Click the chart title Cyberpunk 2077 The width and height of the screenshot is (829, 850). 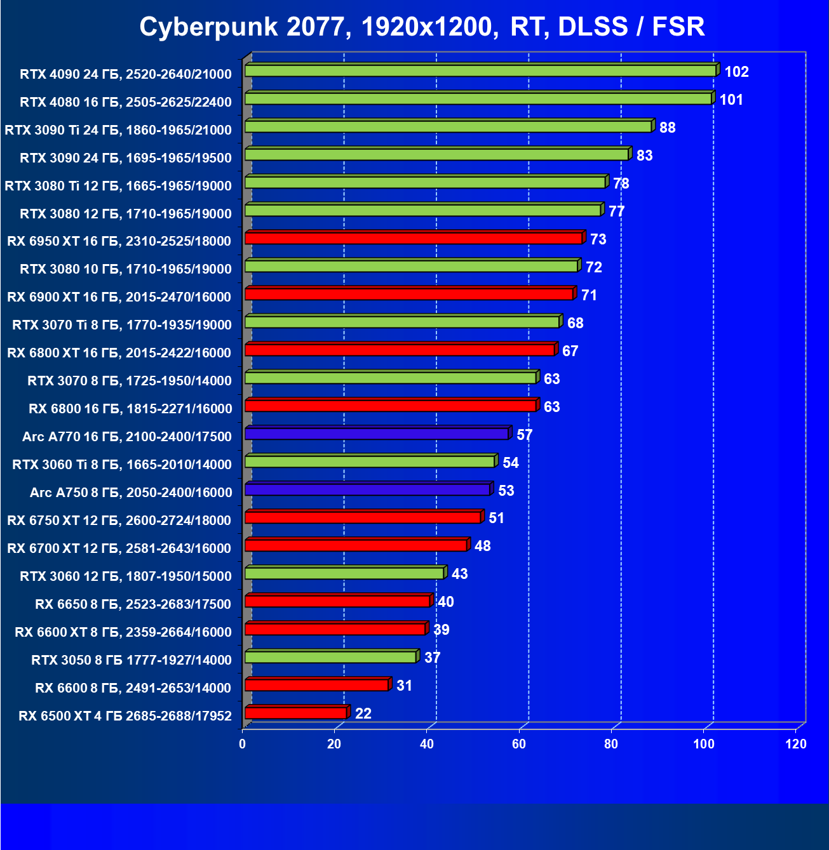(x=422, y=27)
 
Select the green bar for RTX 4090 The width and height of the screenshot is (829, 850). (x=480, y=70)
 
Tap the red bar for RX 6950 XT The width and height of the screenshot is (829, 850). (x=414, y=238)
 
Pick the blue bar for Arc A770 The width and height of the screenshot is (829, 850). (x=377, y=434)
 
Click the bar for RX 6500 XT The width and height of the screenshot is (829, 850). (x=296, y=713)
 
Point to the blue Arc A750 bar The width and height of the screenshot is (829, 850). (x=367, y=489)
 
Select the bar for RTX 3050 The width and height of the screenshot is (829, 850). (x=330, y=657)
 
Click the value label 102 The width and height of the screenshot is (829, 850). (x=736, y=72)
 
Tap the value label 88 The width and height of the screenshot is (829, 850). (x=667, y=128)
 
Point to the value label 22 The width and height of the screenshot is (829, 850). (x=363, y=714)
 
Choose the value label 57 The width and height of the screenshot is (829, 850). (x=524, y=435)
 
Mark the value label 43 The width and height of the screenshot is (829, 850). (x=459, y=574)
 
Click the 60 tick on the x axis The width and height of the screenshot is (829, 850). (x=519, y=744)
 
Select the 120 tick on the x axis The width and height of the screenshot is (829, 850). (x=796, y=744)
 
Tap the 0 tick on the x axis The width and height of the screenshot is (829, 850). (x=243, y=744)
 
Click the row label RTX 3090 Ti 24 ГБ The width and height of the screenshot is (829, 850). (x=118, y=130)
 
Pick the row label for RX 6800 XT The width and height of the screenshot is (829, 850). (x=119, y=353)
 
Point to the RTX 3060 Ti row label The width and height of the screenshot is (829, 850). (x=122, y=465)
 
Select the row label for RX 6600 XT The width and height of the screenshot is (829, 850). (x=123, y=632)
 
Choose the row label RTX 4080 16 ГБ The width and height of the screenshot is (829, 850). (x=126, y=102)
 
